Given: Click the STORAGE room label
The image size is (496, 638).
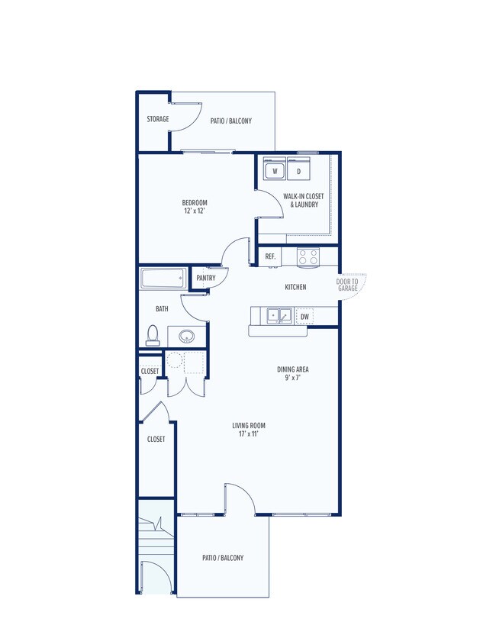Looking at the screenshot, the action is point(157,119).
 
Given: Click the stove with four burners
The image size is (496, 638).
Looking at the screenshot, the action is point(308,257).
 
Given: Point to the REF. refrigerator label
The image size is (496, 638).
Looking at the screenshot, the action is point(271,256).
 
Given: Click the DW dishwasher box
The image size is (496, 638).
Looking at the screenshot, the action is point(304,317).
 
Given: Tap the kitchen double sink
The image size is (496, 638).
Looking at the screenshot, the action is point(279,316).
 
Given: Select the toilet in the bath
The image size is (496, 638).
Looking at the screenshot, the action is point(153,336).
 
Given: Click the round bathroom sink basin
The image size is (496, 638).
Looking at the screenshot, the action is point(187,337).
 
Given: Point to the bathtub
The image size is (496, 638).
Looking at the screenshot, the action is point(163,279).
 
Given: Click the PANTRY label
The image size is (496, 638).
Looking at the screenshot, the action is point(206,279).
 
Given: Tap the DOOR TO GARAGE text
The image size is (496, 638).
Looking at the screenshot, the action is point(347,285).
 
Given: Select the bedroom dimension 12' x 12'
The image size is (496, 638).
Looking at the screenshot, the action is point(195,211).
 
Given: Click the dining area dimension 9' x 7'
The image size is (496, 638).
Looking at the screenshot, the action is point(293,378).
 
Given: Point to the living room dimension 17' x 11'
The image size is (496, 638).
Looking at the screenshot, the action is point(249,433).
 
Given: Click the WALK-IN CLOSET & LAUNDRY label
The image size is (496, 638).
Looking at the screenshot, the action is point(304,201).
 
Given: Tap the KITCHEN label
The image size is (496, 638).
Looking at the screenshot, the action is point(295,287).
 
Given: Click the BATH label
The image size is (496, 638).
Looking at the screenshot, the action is point(162,309).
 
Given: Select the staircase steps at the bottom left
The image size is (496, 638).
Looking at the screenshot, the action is point(156,537).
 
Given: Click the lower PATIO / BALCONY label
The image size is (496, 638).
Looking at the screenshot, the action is point(223,558).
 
